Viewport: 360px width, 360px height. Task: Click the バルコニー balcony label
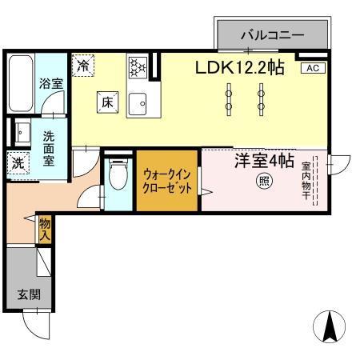[x=272, y=36]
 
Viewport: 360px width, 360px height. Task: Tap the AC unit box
[x=312, y=69]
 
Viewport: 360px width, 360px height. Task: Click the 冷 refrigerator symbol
[x=82, y=66]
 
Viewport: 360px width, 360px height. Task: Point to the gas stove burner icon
[x=138, y=66]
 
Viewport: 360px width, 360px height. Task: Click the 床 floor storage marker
[x=107, y=101]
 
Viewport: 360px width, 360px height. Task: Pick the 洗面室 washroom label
[x=49, y=148]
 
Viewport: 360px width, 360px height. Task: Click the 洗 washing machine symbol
[x=18, y=164]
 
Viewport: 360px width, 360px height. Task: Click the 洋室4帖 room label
[x=263, y=161]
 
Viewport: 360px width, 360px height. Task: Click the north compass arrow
[x=330, y=325]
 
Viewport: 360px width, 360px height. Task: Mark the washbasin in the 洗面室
[x=21, y=132]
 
